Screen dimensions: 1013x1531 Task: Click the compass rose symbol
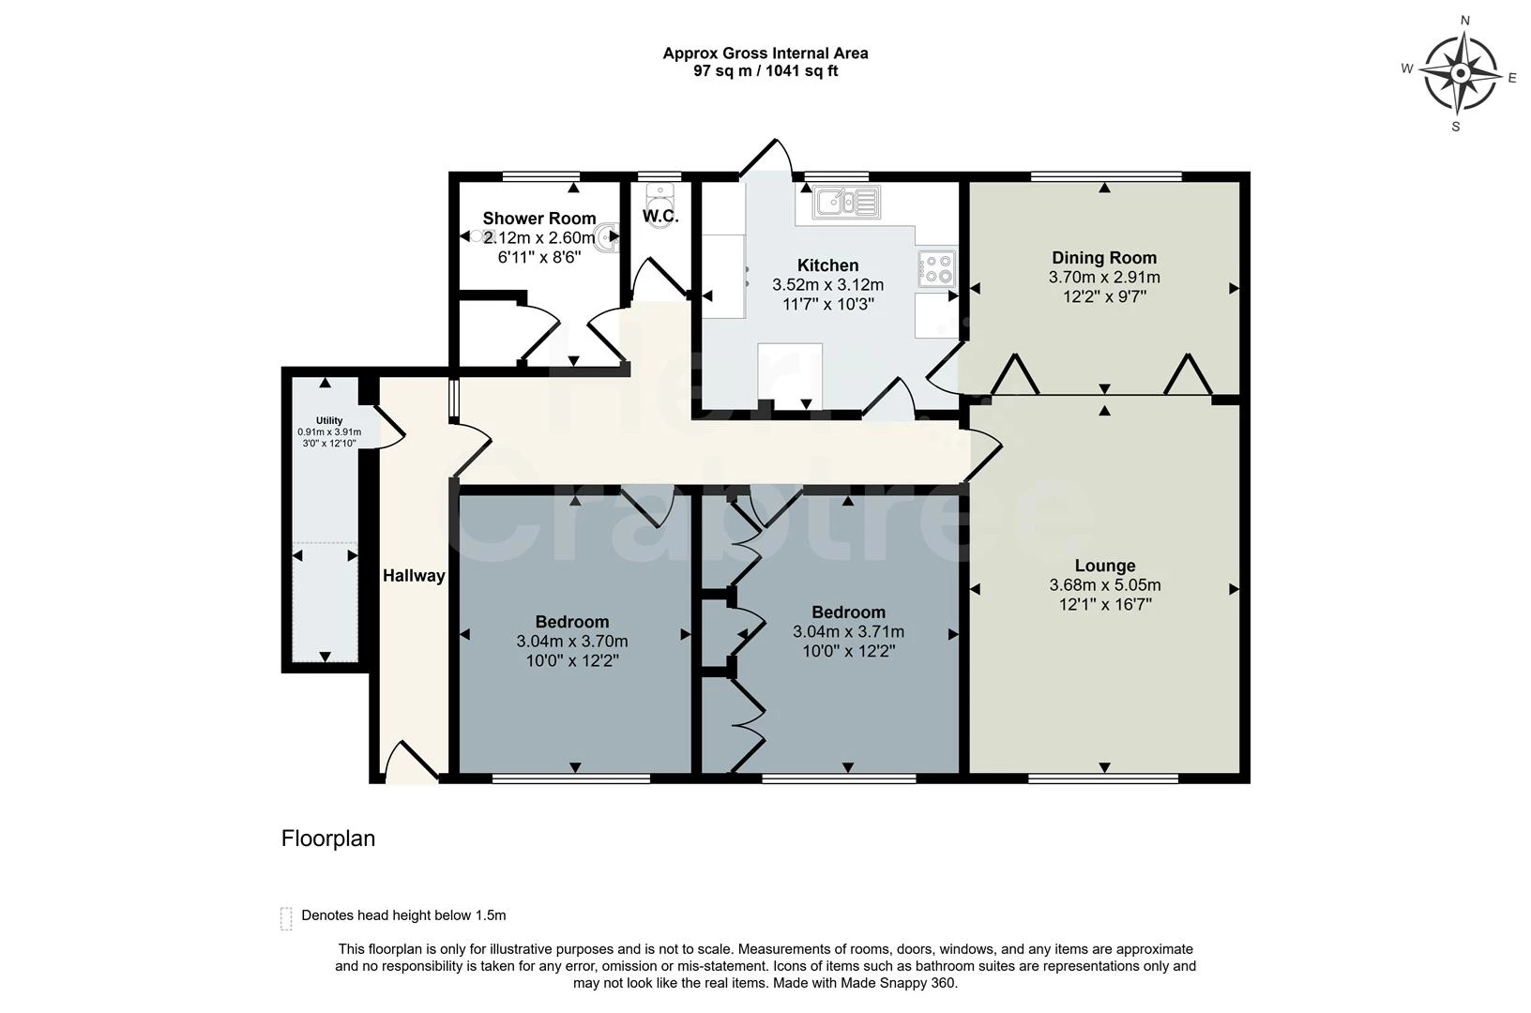(x=1460, y=73)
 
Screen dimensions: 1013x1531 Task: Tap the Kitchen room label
(x=827, y=265)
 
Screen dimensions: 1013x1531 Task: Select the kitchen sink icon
(x=846, y=202)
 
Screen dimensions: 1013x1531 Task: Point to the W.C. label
(x=660, y=217)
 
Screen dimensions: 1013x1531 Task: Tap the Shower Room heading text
(x=539, y=219)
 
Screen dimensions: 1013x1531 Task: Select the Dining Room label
(x=1104, y=258)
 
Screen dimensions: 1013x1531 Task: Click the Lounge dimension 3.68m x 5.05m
(x=1104, y=585)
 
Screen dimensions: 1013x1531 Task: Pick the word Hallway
(x=414, y=576)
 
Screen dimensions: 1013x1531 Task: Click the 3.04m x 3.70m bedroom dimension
(x=571, y=642)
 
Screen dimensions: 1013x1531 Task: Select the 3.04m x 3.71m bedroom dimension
(x=848, y=632)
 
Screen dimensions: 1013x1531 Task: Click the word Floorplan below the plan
(x=328, y=839)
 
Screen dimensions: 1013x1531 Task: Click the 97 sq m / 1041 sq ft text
(x=765, y=71)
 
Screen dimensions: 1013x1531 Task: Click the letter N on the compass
(x=1465, y=21)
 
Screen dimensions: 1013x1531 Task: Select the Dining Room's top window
(x=1105, y=176)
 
